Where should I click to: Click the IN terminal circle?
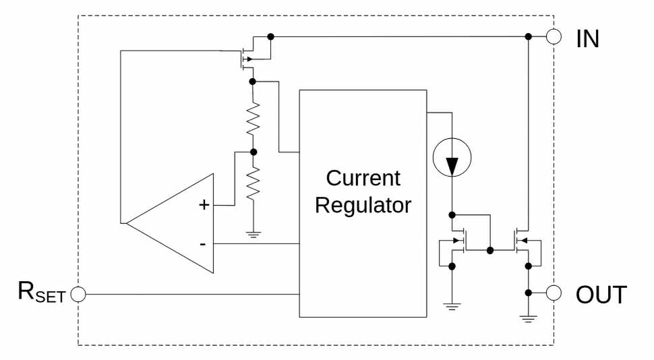pyautogui.click(x=554, y=36)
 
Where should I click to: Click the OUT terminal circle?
pyautogui.click(x=554, y=293)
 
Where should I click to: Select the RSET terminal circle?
pyautogui.click(x=78, y=294)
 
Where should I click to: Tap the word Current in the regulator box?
pyautogui.click(x=363, y=178)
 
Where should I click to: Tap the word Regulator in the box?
pyautogui.click(x=363, y=204)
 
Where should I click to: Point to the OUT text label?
pyautogui.click(x=601, y=295)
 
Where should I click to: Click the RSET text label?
pyautogui.click(x=42, y=293)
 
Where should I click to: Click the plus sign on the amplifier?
pyautogui.click(x=203, y=205)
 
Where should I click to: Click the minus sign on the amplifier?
pyautogui.click(x=203, y=243)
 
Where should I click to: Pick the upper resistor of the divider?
pyautogui.click(x=253, y=119)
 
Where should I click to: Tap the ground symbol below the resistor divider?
pyautogui.click(x=253, y=235)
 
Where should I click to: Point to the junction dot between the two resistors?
pyautogui.click(x=253, y=152)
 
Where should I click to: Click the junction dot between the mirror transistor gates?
pyautogui.click(x=490, y=250)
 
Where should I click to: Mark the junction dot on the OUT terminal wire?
pyautogui.click(x=529, y=293)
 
